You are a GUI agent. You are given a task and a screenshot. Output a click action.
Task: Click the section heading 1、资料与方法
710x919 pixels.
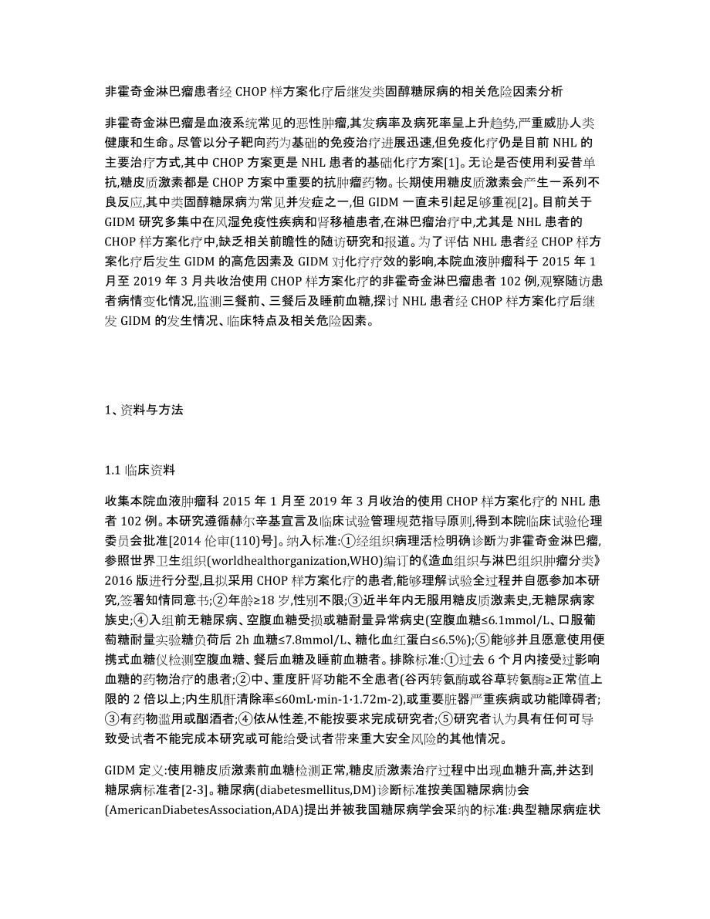(x=144, y=411)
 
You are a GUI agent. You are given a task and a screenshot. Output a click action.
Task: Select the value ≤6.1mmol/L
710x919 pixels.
(x=502, y=637)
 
